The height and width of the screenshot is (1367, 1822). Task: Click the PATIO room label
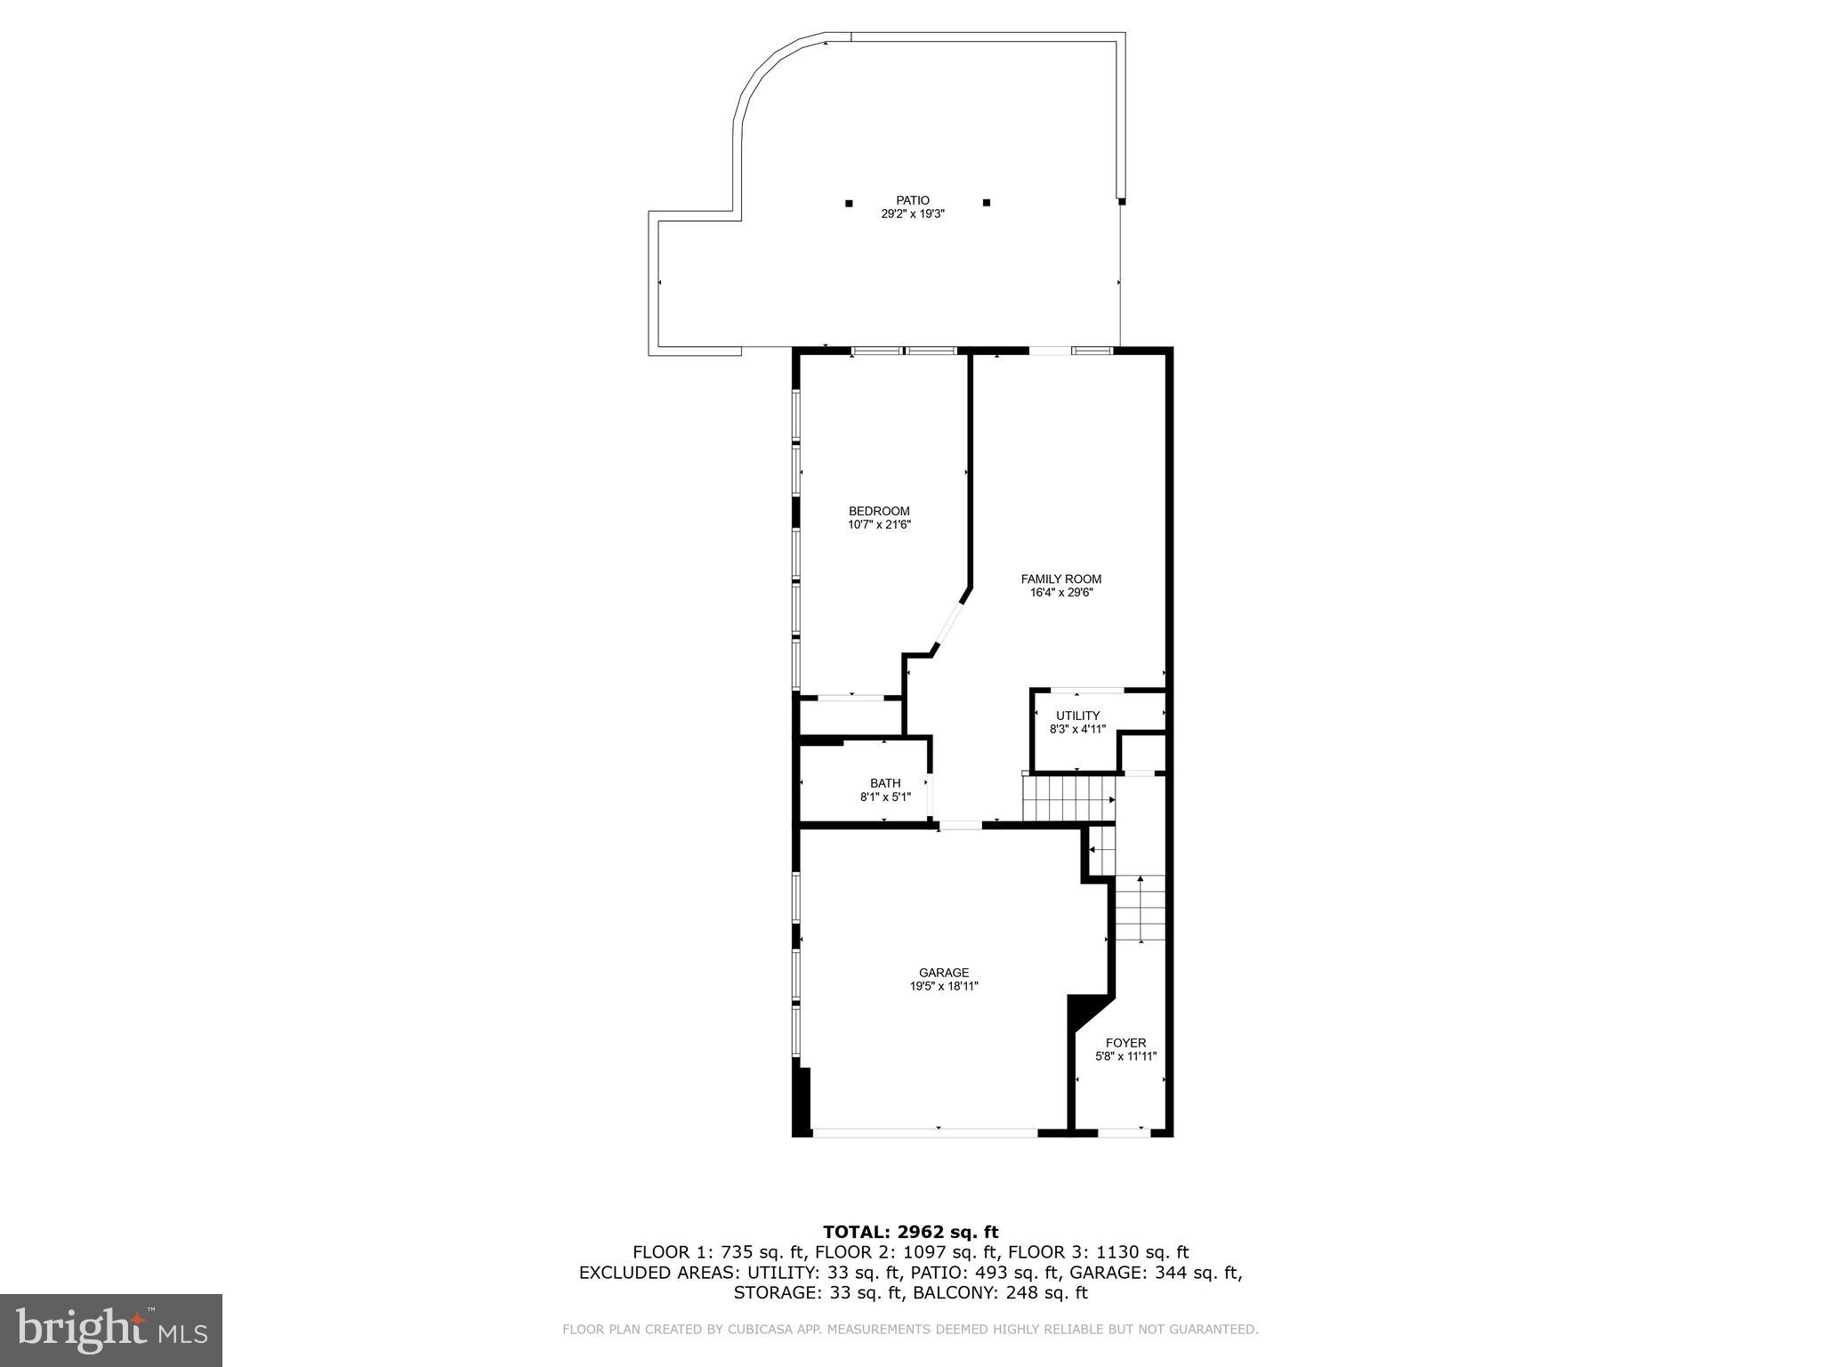(912, 200)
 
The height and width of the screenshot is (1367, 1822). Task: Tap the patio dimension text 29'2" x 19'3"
(912, 214)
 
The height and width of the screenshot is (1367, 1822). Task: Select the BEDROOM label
(879, 511)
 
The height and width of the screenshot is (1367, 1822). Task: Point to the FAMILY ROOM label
(1060, 579)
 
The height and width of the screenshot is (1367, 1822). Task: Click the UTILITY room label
(1077, 716)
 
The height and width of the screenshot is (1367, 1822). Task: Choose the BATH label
(885, 783)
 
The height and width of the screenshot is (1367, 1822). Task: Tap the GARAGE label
(944, 973)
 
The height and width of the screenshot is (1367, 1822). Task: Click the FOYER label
(1125, 1043)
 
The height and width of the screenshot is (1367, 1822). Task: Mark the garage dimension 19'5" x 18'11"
(944, 986)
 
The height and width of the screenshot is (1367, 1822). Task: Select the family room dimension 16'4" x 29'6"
(1060, 593)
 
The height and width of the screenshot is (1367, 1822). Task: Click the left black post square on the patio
(849, 203)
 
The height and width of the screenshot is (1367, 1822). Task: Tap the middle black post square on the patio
(986, 203)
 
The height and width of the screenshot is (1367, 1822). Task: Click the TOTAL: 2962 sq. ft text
(910, 1233)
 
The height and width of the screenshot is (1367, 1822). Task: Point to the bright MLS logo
(111, 1330)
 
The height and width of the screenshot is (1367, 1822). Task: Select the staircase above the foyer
(1140, 908)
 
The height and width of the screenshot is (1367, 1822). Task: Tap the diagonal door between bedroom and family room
(948, 628)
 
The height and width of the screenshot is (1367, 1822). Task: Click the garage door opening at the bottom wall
(925, 1133)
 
